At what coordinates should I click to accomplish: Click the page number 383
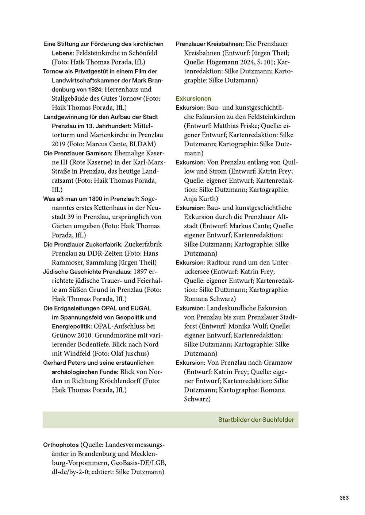(x=344, y=497)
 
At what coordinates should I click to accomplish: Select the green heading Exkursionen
(x=193, y=98)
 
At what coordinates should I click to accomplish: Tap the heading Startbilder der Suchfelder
(x=256, y=420)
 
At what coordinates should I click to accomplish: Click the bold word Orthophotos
(x=61, y=445)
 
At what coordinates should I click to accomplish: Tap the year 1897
(x=141, y=272)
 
